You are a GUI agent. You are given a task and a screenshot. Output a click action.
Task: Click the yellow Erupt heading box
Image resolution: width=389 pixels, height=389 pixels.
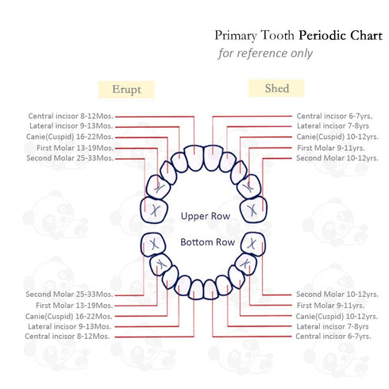[126, 90]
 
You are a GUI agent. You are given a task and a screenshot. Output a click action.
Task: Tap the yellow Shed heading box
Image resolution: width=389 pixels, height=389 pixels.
[276, 88]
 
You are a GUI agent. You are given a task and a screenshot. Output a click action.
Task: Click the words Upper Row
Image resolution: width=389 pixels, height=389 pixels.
[206, 216]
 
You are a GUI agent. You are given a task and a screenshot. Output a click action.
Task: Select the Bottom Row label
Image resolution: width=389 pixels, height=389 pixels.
[207, 242]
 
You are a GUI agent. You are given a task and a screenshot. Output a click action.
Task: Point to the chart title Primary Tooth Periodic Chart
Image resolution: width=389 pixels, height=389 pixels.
[298, 36]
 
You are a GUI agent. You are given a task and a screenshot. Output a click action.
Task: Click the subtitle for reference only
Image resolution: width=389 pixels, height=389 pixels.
[265, 53]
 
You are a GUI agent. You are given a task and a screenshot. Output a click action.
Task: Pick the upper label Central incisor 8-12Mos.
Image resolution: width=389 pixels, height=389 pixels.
[71, 116]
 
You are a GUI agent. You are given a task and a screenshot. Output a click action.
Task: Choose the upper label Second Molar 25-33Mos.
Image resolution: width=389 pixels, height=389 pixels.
[70, 158]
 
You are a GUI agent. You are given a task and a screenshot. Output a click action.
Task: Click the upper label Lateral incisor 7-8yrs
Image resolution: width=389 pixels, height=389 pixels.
[333, 125]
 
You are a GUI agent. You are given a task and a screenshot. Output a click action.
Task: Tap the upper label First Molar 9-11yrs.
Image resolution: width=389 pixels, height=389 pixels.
[331, 148]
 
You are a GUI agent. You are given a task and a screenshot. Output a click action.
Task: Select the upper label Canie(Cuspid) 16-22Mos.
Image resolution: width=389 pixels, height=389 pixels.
[70, 137]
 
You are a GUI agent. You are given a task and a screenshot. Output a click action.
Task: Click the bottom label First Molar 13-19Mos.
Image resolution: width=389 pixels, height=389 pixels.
[75, 305]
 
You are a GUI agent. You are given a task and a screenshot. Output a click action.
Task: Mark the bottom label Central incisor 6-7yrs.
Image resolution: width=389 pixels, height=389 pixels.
[333, 336]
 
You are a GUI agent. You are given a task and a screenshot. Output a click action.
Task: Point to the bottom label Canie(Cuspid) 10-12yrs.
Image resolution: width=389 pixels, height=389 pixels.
[337, 316]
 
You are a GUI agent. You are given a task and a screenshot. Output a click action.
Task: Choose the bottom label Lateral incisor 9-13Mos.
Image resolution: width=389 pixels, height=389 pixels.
[70, 326]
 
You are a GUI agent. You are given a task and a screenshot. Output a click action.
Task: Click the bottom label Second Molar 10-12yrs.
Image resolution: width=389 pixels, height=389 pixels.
[337, 294]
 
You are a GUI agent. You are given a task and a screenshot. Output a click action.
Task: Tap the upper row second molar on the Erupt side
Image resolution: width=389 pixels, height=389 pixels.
[154, 210]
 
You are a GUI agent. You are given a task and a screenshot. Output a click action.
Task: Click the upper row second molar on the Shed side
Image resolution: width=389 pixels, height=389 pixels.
[253, 210]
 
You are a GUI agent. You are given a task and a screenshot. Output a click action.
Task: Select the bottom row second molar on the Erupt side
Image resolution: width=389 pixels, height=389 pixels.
[153, 245]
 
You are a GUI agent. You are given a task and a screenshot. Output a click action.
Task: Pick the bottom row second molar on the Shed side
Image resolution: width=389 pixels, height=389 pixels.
[253, 244]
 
